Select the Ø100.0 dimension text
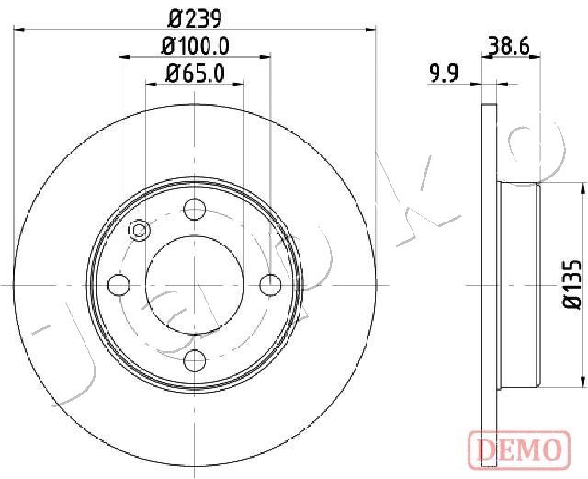coord(195,47)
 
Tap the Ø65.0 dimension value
coord(195,74)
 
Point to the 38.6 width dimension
coord(509,47)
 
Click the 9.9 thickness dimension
coord(444,74)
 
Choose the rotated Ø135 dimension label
coord(572,284)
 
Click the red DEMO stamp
coord(519,450)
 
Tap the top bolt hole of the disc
coord(195,209)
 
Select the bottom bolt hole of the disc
coord(195,360)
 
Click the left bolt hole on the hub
coord(119,285)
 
